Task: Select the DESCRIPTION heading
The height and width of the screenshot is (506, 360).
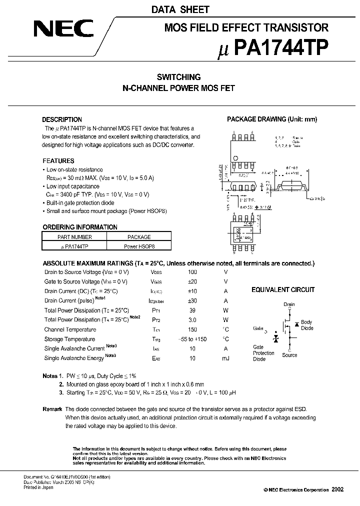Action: point(62,119)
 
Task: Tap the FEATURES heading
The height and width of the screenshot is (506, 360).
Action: point(58,161)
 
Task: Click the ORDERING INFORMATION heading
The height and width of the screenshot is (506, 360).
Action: point(80,226)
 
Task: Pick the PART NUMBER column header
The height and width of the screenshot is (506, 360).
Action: point(74,237)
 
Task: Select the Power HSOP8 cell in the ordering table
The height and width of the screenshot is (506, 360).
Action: point(139,246)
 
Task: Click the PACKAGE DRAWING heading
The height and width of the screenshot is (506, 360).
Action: point(272,119)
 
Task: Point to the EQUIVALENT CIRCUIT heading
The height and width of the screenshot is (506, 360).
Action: point(283,289)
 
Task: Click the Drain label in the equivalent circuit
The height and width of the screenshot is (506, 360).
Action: point(289,304)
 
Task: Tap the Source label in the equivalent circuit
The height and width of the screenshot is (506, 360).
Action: point(289,355)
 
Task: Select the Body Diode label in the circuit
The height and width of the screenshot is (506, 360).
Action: point(306,325)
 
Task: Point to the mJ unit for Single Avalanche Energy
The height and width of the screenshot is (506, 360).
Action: point(225,358)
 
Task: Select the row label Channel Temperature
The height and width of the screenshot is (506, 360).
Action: point(70,329)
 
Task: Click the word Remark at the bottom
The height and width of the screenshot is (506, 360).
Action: point(52,409)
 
